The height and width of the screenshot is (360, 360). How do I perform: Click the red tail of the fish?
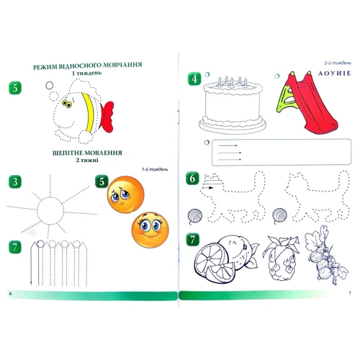point(107,117)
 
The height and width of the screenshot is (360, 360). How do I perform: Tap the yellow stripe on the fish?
point(88,112)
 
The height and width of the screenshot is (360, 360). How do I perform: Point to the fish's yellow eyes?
point(67,104)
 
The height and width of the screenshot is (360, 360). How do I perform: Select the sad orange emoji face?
point(125,194)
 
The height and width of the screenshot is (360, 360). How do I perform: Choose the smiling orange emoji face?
point(150,230)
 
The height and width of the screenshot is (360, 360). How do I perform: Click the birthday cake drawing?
point(233,105)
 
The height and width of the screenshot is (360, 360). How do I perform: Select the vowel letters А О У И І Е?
point(335,73)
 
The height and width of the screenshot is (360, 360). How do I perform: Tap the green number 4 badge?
point(194,78)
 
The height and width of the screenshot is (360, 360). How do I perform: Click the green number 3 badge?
point(15,181)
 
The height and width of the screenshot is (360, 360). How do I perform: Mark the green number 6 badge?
point(192,179)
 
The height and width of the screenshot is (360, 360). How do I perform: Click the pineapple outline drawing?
point(282,258)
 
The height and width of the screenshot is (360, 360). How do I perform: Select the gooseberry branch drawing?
point(325,254)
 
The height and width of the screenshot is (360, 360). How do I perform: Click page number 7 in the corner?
point(350,293)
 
